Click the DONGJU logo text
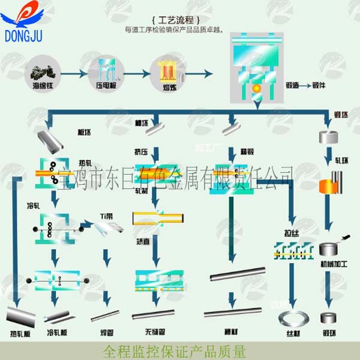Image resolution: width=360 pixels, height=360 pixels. (x=23, y=37)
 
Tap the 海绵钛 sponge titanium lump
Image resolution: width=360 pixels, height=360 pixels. (x=44, y=74)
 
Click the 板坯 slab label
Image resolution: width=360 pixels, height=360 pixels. (x=83, y=132)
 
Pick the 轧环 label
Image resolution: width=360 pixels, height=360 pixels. (x=341, y=161)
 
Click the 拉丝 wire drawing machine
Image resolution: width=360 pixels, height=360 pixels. (x=292, y=252)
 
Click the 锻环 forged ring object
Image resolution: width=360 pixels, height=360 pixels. (x=329, y=317)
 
